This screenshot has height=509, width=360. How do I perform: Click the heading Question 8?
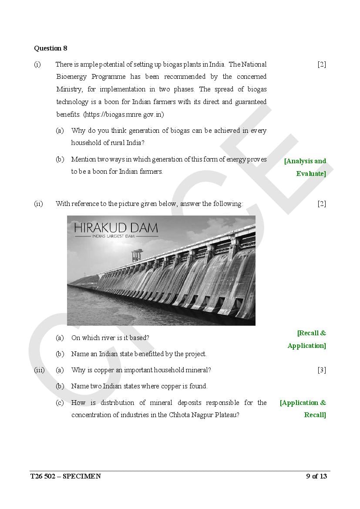[x=50, y=48]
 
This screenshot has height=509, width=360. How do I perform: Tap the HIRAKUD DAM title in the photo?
[x=116, y=228]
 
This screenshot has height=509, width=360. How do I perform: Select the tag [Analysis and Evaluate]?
[x=305, y=167]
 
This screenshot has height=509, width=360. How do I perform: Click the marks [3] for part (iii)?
[x=322, y=370]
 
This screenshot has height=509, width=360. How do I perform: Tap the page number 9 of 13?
[x=316, y=476]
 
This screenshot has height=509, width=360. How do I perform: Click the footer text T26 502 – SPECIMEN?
[x=65, y=476]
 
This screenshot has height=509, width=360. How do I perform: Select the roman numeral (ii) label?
[x=38, y=204]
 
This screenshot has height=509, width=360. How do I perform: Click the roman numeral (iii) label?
[x=39, y=370]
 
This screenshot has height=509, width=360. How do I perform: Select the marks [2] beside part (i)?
[x=322, y=64]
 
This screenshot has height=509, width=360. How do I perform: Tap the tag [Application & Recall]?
[x=303, y=409]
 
